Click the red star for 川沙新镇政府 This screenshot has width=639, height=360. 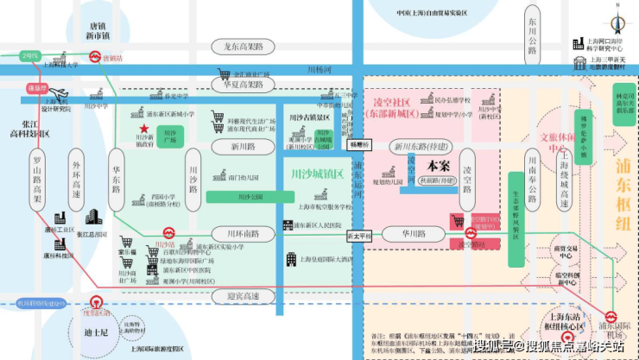[144, 129]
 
